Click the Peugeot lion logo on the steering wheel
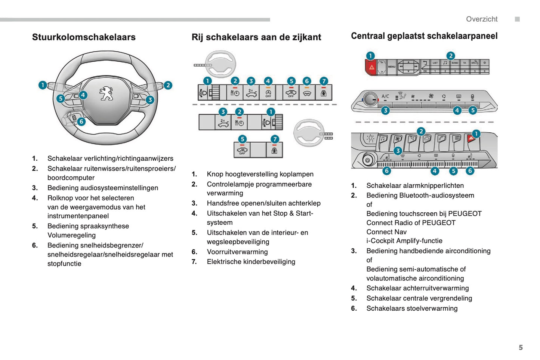pyautogui.click(x=106, y=93)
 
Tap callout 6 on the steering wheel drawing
pyautogui.click(x=81, y=121)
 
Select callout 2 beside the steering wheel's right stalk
pyautogui.click(x=168, y=85)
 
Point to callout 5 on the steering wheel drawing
pyautogui.click(x=61, y=99)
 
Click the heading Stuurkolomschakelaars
pyautogui.click(x=84, y=37)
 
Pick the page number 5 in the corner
pyautogui.click(x=521, y=347)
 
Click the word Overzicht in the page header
pyautogui.click(x=481, y=19)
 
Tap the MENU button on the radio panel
pyautogui.click(x=391, y=67)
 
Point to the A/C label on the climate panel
pyautogui.click(x=385, y=96)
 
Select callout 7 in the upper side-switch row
pyautogui.click(x=324, y=81)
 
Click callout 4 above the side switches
pyautogui.click(x=268, y=81)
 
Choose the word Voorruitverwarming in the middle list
pyautogui.click(x=237, y=252)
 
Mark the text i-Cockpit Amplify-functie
pyautogui.click(x=404, y=241)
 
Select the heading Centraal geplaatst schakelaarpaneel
pyautogui.click(x=424, y=36)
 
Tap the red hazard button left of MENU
pyautogui.click(x=371, y=68)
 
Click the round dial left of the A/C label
pyautogui.click(x=370, y=99)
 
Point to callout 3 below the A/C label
pyautogui.click(x=385, y=110)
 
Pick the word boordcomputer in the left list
pyautogui.click(x=71, y=178)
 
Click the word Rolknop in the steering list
pyautogui.click(x=60, y=198)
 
